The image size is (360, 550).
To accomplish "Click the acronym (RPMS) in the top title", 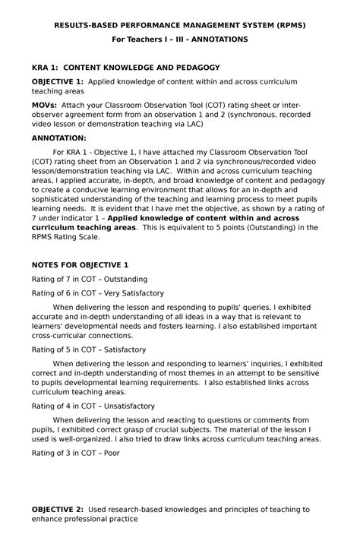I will [288, 25].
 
